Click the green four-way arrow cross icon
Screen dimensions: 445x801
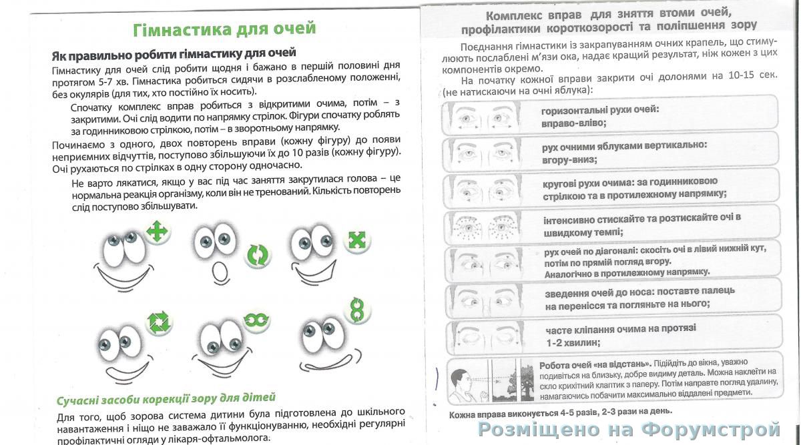[158, 233]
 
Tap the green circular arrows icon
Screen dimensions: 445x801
[257, 254]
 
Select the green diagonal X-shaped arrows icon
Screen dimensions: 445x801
[357, 240]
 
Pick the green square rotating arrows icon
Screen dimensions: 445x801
[159, 322]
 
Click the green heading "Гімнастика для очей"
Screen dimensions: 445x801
[225, 29]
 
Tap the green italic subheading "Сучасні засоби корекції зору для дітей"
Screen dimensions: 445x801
[166, 398]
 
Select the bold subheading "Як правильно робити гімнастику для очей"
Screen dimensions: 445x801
[174, 53]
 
